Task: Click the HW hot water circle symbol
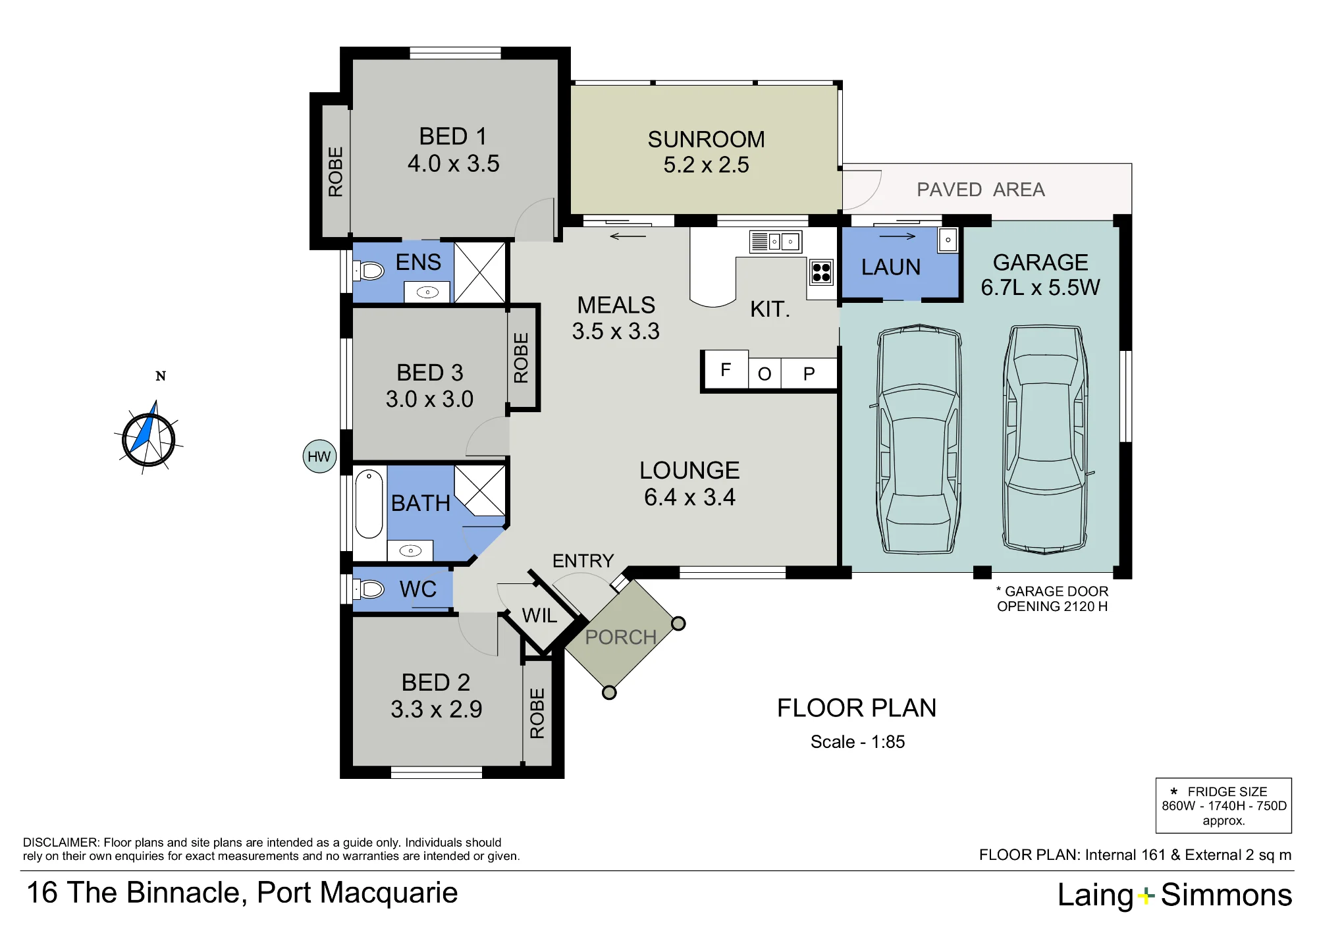click(x=319, y=456)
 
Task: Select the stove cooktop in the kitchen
click(x=821, y=272)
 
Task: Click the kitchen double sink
click(x=775, y=242)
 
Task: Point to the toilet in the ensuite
click(x=368, y=271)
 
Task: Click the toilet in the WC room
click(x=368, y=589)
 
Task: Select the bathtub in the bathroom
click(x=369, y=504)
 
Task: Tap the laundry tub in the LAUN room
click(x=948, y=240)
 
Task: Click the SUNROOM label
click(x=706, y=140)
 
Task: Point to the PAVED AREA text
click(x=981, y=190)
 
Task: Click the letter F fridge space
click(x=726, y=369)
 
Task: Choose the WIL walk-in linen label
click(x=539, y=616)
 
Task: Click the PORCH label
click(x=620, y=637)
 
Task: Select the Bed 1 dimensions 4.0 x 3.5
click(x=453, y=163)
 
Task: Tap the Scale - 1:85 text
click(x=857, y=742)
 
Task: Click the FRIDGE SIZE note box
click(x=1224, y=806)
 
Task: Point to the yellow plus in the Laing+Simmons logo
click(x=1146, y=895)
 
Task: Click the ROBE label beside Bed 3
click(x=521, y=358)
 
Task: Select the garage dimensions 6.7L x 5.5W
click(x=1040, y=288)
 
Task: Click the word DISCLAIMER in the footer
click(x=61, y=843)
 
